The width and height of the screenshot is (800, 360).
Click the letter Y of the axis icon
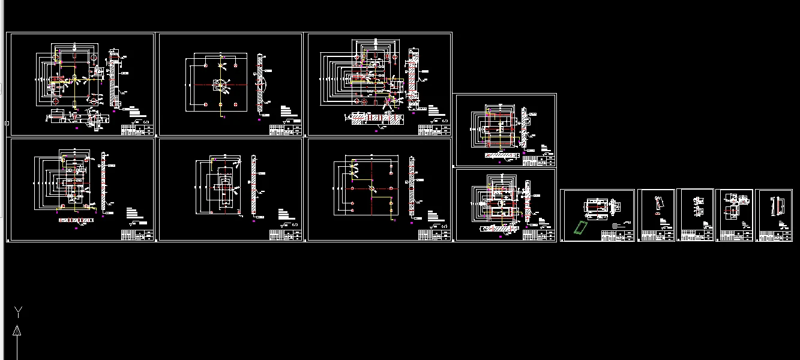(19, 311)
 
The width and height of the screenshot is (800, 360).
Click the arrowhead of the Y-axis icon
(17, 330)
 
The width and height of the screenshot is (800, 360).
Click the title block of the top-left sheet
(137, 128)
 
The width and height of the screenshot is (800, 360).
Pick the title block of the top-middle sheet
(285, 128)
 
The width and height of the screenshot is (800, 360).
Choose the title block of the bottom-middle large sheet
(285, 235)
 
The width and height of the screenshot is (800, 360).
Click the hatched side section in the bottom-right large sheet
(412, 185)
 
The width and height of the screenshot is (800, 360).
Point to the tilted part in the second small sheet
(658, 205)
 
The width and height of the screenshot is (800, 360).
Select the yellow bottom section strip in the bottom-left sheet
(77, 220)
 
